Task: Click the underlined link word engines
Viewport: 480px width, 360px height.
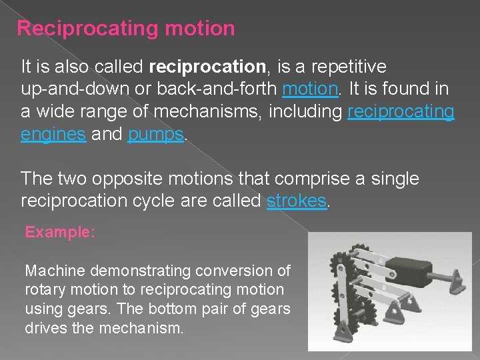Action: coord(53,134)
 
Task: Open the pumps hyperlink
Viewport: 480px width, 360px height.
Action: coord(155,134)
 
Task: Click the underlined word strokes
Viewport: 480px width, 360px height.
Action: coord(297,201)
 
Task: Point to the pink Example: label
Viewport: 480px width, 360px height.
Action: coord(61,233)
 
